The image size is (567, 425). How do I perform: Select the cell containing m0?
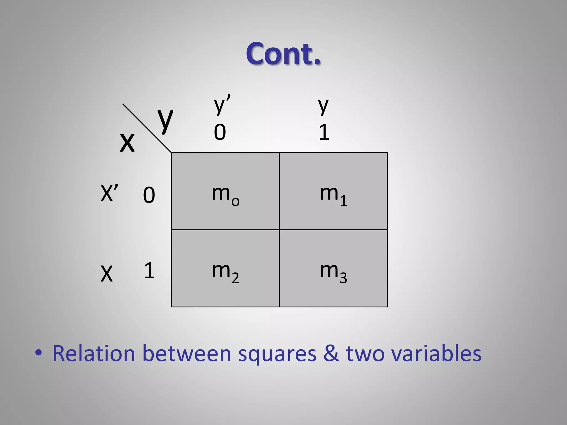coord(225,191)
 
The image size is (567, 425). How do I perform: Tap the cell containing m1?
coord(333,191)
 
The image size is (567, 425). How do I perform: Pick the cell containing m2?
coord(225,268)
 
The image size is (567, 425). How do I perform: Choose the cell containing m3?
coord(333,268)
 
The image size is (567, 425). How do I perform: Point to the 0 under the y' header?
coord(220,132)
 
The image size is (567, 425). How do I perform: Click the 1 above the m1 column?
coord(324,132)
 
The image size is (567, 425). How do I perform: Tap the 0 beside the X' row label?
coord(149,195)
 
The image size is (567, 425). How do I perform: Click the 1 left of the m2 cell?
coord(149,271)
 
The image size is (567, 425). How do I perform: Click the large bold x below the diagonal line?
coord(127,142)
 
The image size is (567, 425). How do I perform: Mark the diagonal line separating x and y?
coord(147,128)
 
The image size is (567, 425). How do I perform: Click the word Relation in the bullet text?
coord(94,354)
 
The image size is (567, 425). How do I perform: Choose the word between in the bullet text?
coord(187,354)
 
